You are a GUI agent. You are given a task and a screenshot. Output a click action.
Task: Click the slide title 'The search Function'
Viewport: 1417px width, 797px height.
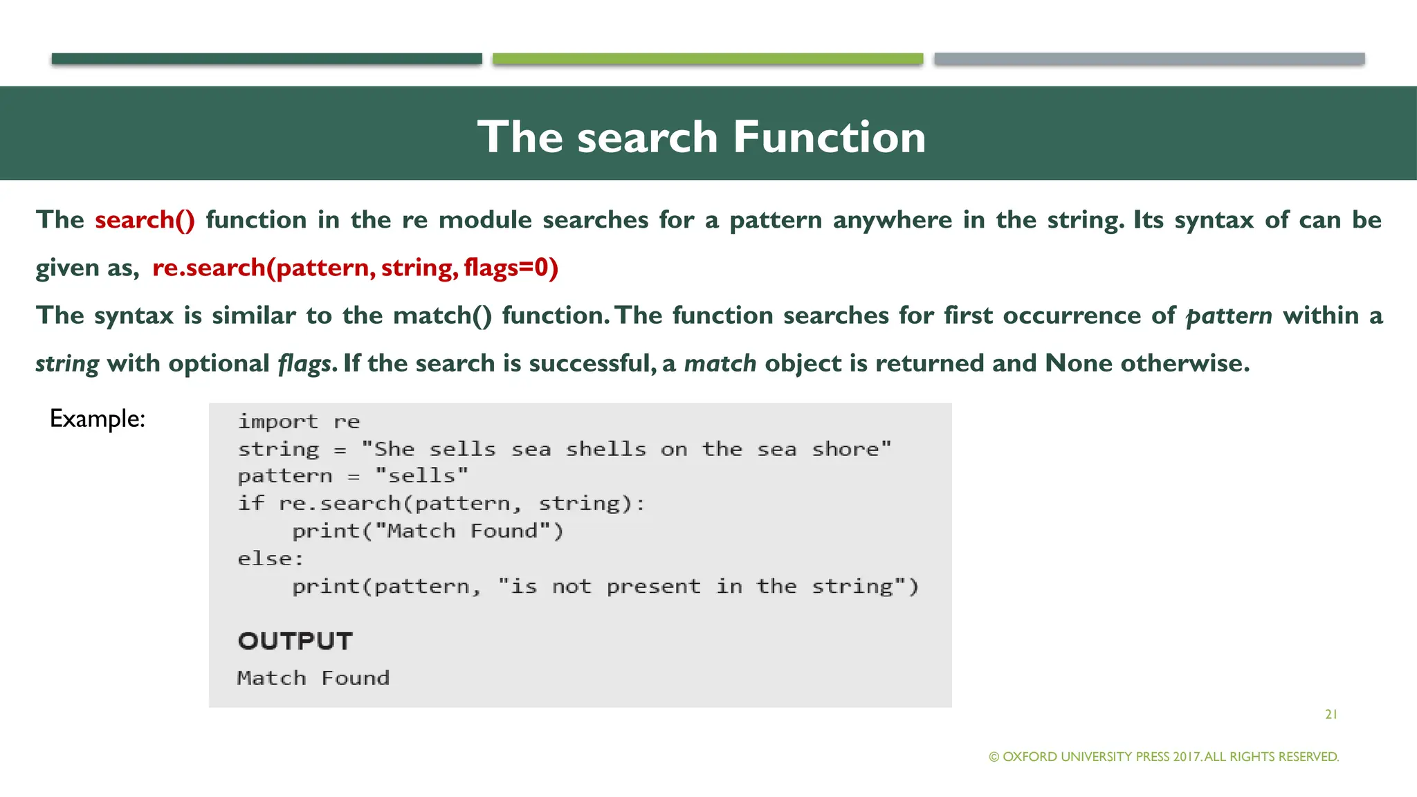pos(701,136)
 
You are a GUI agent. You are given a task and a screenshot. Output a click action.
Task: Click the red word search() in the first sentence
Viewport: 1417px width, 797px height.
pos(145,220)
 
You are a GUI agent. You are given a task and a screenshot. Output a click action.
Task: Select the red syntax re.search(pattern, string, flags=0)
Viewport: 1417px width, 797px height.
pos(355,268)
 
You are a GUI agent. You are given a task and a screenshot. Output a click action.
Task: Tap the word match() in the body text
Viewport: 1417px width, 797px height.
pos(442,315)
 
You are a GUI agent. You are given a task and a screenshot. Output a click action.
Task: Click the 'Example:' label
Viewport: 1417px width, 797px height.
pos(98,419)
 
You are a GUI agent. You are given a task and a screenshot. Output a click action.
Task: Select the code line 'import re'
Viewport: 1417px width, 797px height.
pos(298,421)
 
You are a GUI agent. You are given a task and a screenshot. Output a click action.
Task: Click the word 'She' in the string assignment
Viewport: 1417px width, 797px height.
pos(394,449)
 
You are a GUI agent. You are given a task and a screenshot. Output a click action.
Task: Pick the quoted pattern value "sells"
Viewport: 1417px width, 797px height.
pos(421,476)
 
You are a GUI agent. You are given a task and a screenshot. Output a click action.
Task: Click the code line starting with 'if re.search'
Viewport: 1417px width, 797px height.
pos(441,504)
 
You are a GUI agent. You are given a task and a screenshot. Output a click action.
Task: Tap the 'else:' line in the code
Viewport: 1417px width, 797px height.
pos(271,558)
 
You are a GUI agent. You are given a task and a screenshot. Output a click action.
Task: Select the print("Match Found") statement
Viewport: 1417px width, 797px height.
pos(428,531)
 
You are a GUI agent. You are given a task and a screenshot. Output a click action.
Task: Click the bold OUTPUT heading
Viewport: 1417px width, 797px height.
pos(295,641)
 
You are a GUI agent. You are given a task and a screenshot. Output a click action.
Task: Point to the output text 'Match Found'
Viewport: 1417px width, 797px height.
pos(313,678)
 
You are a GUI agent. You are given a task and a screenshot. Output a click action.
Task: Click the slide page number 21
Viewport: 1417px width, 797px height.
pos(1331,715)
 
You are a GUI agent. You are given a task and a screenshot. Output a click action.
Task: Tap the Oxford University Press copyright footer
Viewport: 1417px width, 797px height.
pos(1164,757)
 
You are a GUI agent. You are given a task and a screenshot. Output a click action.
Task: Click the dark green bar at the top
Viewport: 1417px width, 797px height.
pos(266,59)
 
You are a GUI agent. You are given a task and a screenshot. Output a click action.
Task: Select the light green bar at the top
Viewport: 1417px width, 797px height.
pos(707,59)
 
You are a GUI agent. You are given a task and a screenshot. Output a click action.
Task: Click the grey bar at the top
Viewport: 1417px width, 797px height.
pos(1149,59)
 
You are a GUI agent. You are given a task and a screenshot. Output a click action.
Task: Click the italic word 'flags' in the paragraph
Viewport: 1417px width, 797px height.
pos(307,364)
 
